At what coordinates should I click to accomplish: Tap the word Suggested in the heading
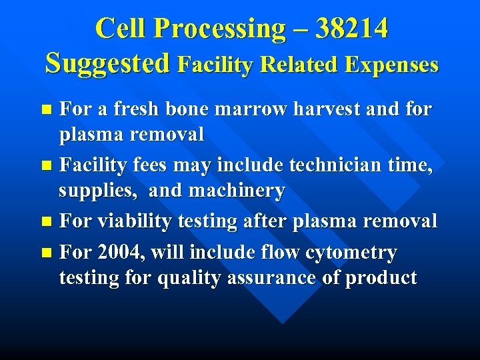(107, 63)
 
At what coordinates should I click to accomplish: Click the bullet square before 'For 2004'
(46, 253)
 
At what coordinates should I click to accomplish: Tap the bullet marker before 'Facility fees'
(46, 164)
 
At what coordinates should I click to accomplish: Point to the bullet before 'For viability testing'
(46, 221)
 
